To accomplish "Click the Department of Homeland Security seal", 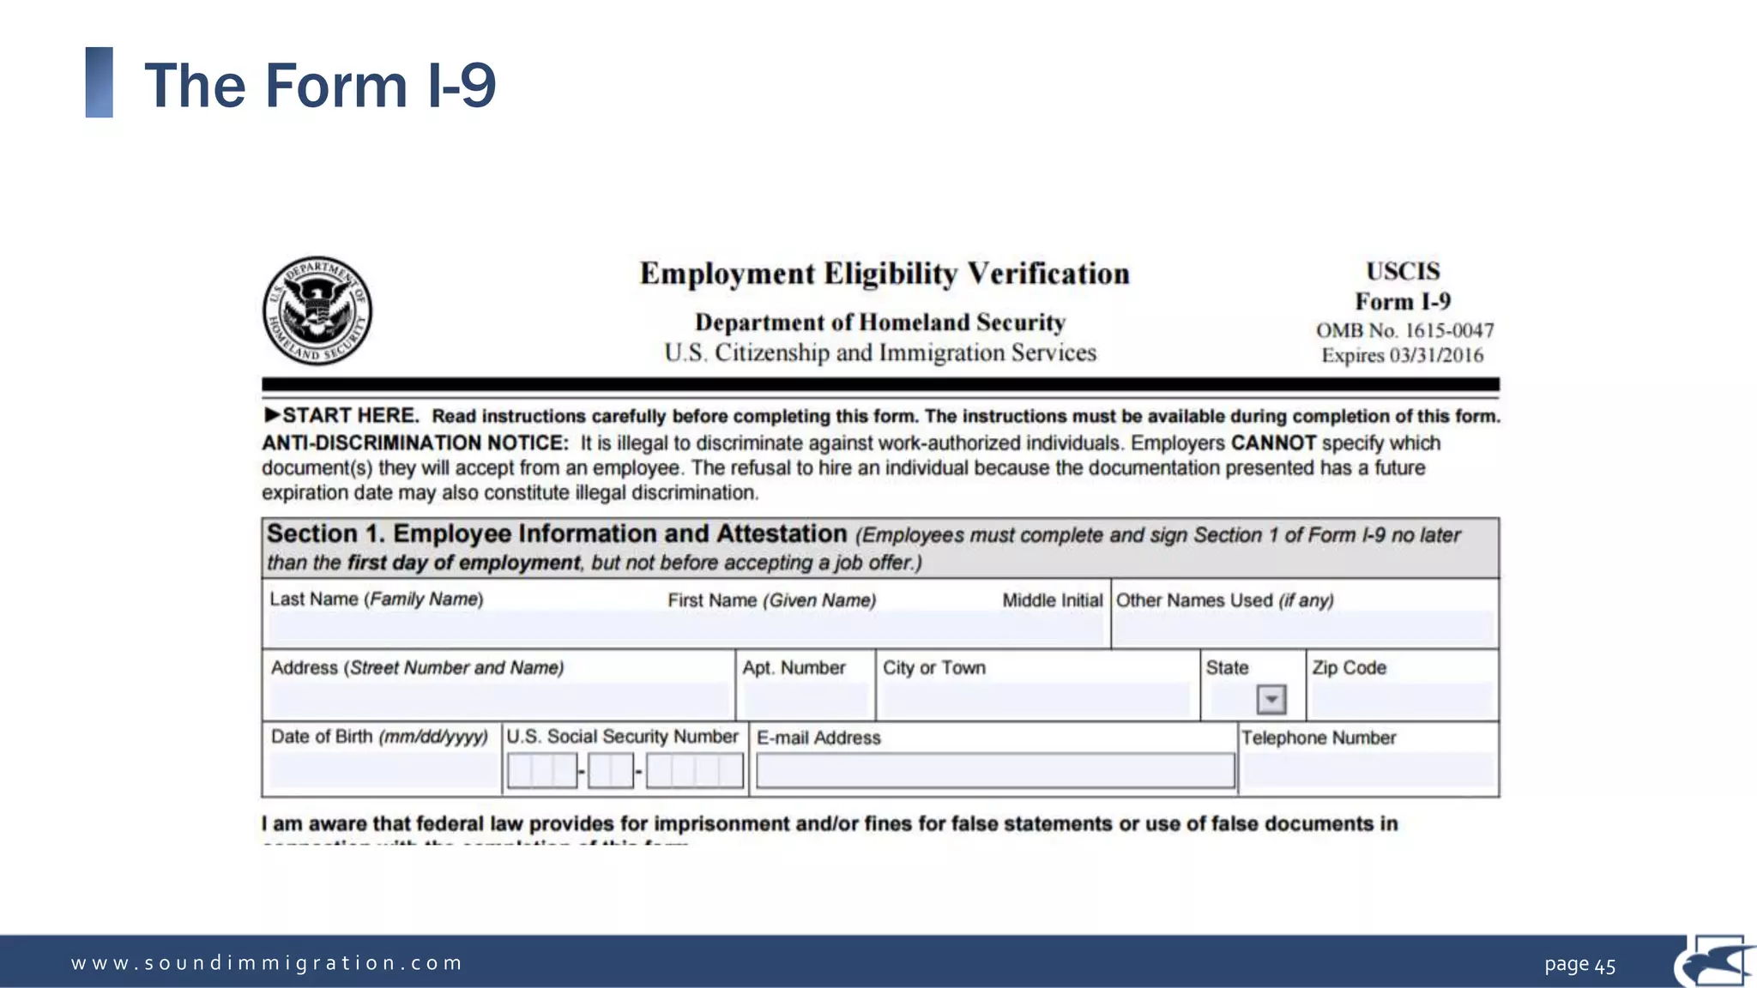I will pyautogui.click(x=317, y=310).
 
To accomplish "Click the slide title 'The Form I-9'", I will pyautogui.click(x=320, y=86).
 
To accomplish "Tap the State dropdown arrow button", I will pyautogui.click(x=1271, y=700).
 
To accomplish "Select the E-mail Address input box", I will pyautogui.click(x=994, y=770).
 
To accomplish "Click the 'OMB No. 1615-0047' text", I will pyautogui.click(x=1404, y=330).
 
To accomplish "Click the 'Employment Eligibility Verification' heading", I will pyautogui.click(x=884, y=274).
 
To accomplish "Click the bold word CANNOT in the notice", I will pyautogui.click(x=1273, y=443).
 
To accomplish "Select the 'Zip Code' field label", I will pyautogui.click(x=1349, y=667).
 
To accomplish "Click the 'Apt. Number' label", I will pyautogui.click(x=794, y=667).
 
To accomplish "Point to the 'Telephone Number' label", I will pyautogui.click(x=1319, y=738).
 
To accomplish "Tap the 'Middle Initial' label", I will pyautogui.click(x=1052, y=600).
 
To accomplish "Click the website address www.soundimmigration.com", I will pyautogui.click(x=267, y=963).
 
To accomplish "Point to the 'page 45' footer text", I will pyautogui.click(x=1579, y=965).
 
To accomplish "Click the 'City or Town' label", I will pyautogui.click(x=933, y=667).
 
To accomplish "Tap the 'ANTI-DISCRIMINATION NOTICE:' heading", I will pyautogui.click(x=415, y=443).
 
